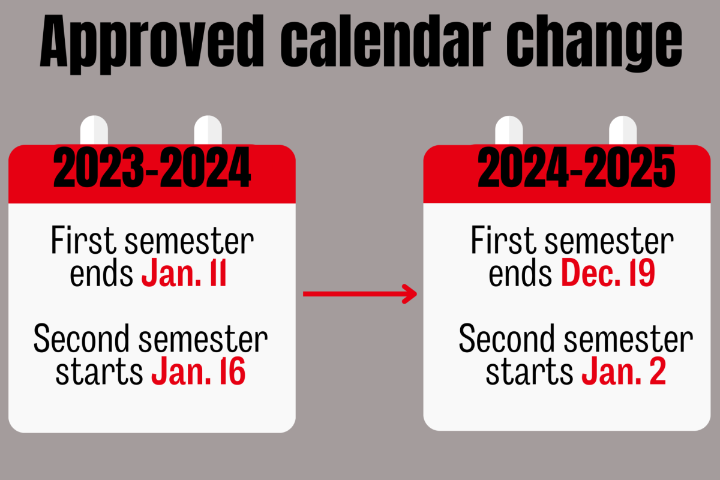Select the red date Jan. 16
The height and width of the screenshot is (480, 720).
(x=198, y=371)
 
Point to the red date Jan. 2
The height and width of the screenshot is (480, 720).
(x=624, y=371)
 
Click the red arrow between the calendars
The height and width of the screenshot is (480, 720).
(x=360, y=294)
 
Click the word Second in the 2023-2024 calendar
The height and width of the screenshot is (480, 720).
(x=82, y=340)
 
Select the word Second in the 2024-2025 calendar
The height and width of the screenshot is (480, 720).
(x=507, y=340)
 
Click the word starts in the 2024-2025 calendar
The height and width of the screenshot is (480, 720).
(x=529, y=372)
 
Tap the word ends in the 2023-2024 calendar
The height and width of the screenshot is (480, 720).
(x=102, y=274)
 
